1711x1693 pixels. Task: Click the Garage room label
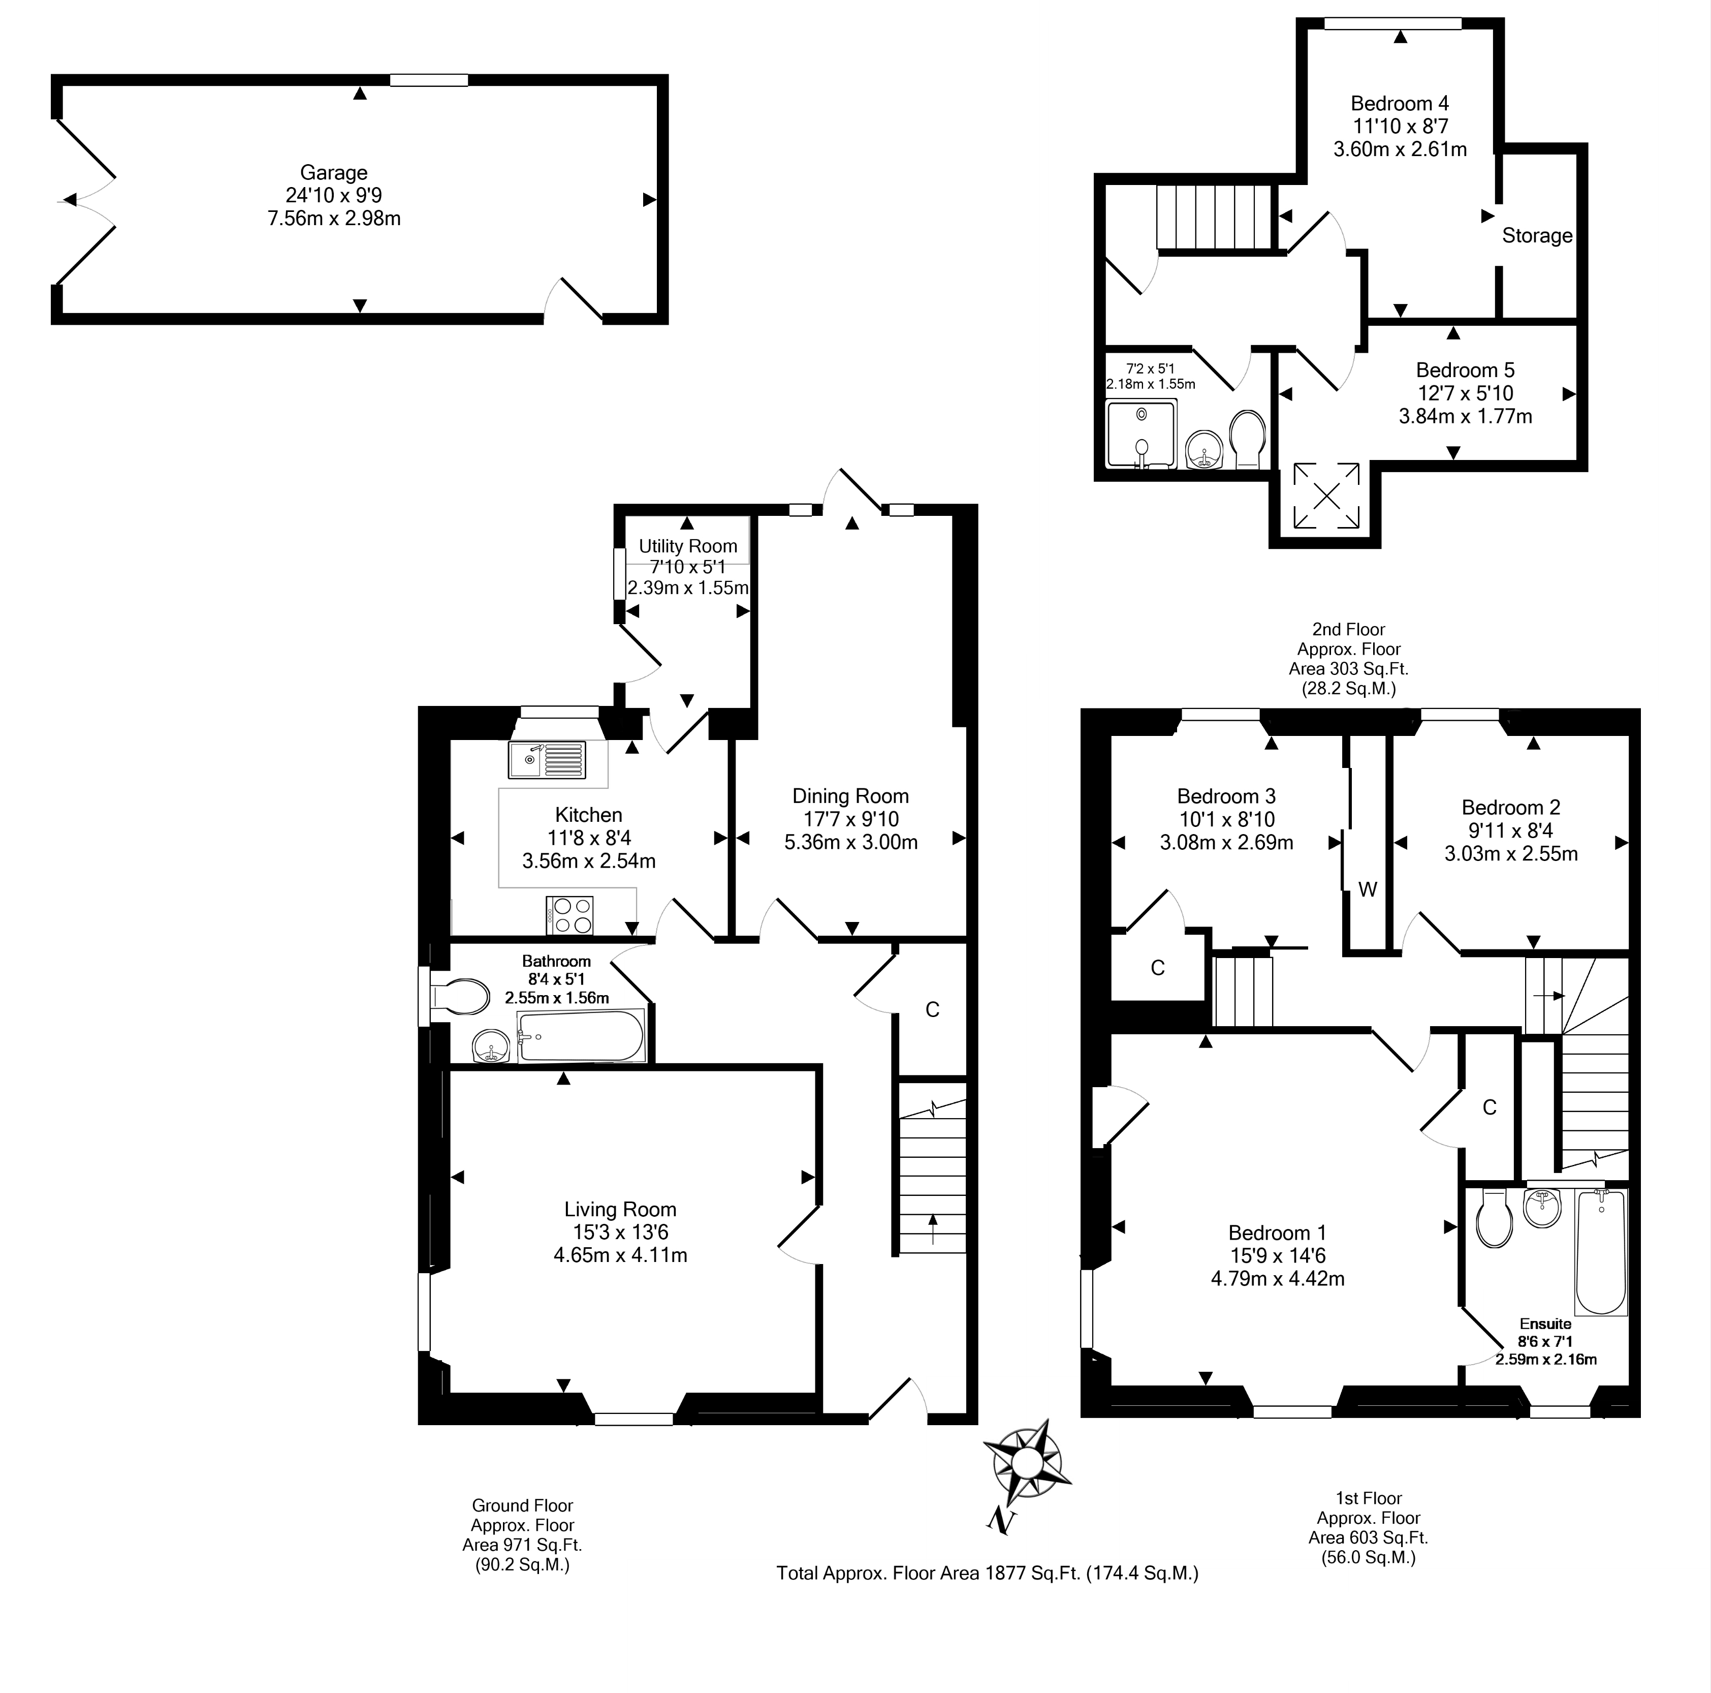pyautogui.click(x=334, y=173)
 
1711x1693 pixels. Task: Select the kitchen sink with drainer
pyautogui.click(x=547, y=759)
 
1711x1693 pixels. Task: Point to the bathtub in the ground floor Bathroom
pyautogui.click(x=581, y=1036)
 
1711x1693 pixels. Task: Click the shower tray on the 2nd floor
pyautogui.click(x=1142, y=433)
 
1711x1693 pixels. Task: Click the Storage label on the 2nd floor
pyautogui.click(x=1537, y=236)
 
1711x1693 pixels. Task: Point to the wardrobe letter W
pyautogui.click(x=1368, y=889)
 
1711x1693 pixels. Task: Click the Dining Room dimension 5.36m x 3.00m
pyautogui.click(x=851, y=842)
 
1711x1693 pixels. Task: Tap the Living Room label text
pyautogui.click(x=620, y=1209)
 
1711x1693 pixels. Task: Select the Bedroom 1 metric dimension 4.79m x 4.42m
pyautogui.click(x=1278, y=1278)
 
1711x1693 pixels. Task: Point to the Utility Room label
pyautogui.click(x=688, y=546)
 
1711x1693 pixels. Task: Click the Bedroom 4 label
pyautogui.click(x=1400, y=104)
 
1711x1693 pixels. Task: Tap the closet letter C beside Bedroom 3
pyautogui.click(x=1157, y=967)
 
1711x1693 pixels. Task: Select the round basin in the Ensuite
pyautogui.click(x=1543, y=1208)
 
